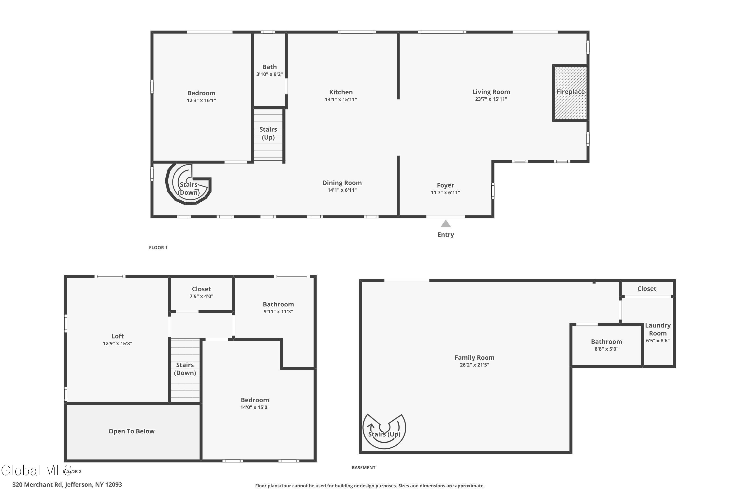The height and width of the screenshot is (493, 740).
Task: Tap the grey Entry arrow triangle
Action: pos(445,224)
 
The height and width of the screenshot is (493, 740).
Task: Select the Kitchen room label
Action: pos(341,92)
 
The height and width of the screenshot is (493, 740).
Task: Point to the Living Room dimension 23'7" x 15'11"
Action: pos(491,99)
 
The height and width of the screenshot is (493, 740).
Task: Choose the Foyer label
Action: pos(445,185)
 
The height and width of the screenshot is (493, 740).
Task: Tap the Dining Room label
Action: pos(342,183)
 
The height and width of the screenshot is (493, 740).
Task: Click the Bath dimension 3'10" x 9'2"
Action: pos(269,74)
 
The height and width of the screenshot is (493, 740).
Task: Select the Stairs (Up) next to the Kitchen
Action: pos(268,133)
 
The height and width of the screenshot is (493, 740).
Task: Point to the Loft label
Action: pos(117,336)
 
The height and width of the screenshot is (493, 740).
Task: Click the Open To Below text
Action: pos(131,431)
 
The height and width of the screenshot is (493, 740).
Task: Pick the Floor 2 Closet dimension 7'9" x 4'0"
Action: pos(201,296)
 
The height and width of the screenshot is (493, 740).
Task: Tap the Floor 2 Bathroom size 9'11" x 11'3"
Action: pos(278,312)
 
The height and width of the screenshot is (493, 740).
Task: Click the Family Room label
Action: pos(474,357)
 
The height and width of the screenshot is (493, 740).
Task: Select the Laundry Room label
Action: pos(658,329)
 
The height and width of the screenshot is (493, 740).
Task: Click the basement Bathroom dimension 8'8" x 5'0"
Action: pos(606,349)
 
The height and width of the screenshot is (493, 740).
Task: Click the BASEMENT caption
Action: pos(363,468)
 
